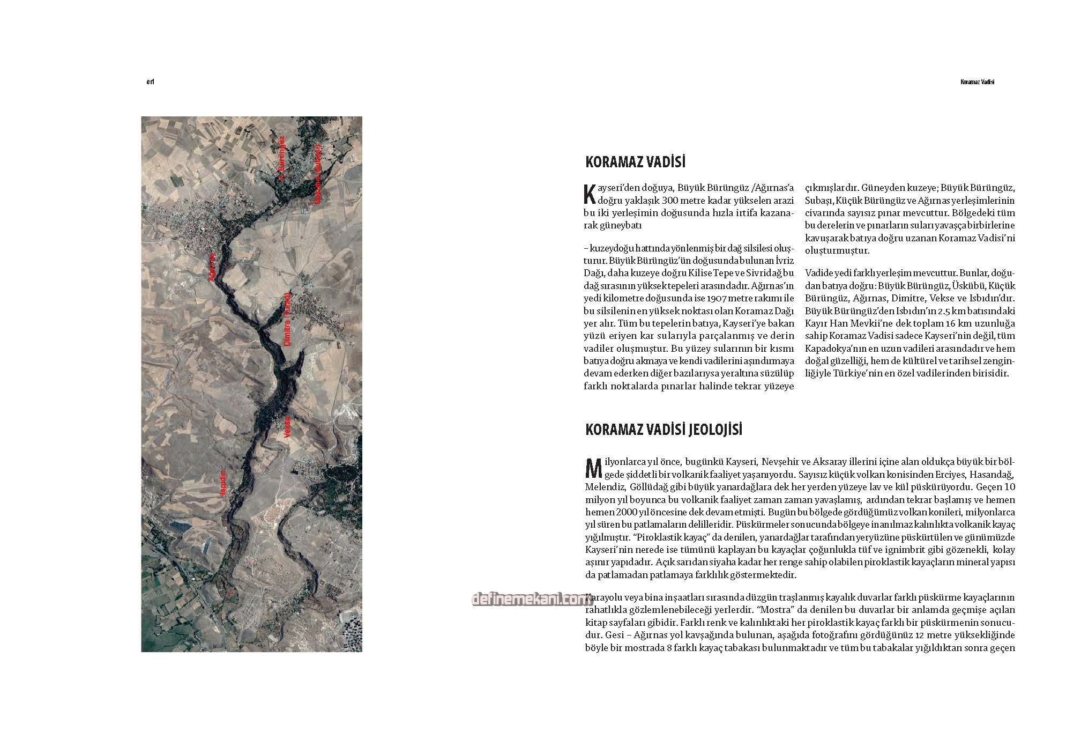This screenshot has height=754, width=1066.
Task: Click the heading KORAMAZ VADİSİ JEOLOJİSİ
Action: click(x=664, y=430)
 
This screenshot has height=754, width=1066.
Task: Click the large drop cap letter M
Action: click(x=593, y=468)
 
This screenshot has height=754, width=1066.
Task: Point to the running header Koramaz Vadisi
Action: click(x=976, y=83)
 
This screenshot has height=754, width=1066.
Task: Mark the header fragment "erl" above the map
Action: click(x=150, y=83)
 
